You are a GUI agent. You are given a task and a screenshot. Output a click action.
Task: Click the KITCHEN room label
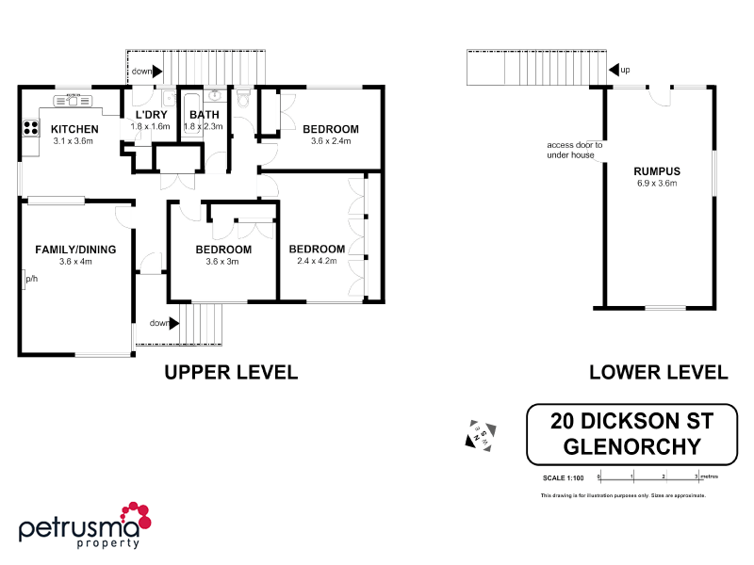(74, 129)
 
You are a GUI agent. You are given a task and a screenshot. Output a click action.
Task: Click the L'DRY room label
(150, 115)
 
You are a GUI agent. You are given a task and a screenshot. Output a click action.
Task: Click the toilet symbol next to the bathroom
(244, 99)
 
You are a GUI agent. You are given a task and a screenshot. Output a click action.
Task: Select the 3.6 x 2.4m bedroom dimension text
(331, 141)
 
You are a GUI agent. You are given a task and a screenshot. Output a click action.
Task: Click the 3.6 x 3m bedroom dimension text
(223, 262)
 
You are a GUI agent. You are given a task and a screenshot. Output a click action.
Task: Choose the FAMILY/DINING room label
(76, 250)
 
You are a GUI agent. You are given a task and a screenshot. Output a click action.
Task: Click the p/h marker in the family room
(30, 279)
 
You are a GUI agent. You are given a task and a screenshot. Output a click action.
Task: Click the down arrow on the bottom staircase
(172, 323)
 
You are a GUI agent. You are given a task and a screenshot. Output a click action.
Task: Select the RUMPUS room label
(657, 170)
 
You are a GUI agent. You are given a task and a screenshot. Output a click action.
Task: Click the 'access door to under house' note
(574, 150)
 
